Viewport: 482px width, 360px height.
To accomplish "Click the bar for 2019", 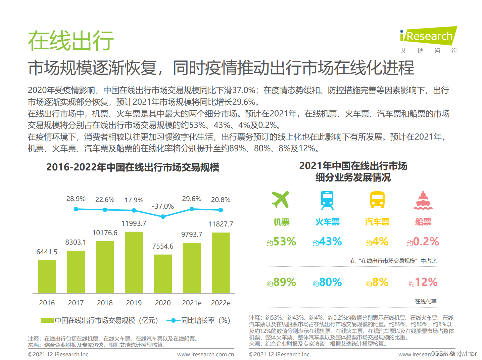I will pos(134,262).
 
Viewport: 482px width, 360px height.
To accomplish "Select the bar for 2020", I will pos(163,274).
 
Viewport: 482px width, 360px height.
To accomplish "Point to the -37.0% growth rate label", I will pos(163,206).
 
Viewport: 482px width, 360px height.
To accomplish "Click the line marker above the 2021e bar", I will pos(192,209).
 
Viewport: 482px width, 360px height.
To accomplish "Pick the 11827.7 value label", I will pos(221,224).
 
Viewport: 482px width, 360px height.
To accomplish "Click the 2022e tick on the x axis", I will pos(221,303).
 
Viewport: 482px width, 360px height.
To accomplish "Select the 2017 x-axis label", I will pos(76,303).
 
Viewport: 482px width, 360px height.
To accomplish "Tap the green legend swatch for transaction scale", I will pos(47,320).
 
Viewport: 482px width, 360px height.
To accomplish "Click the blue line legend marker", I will pos(173,320).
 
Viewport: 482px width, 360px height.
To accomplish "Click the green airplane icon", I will pos(281,200).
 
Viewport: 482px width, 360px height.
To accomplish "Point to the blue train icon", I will pos(327,200).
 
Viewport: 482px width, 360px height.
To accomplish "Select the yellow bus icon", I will pos(377,200).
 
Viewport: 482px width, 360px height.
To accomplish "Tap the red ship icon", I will pos(423,200).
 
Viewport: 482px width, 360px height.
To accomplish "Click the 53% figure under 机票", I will pos(284,242).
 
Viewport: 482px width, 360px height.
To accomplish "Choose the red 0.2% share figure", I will pos(426,242).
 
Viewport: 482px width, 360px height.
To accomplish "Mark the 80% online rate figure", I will pos(330,282).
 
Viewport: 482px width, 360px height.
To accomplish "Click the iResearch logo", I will pos(429,36).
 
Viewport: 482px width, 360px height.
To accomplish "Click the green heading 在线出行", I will pos(71,41).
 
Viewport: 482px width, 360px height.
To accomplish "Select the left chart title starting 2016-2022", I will pos(133,167).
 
